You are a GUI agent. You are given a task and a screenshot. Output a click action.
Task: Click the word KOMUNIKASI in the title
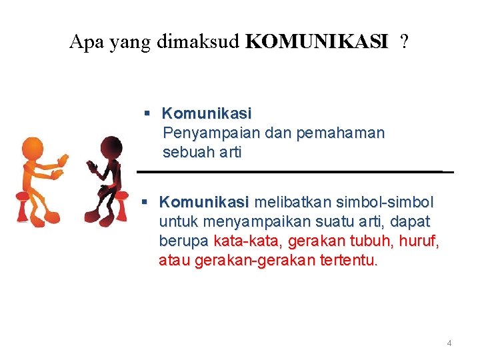pyautogui.click(x=316, y=43)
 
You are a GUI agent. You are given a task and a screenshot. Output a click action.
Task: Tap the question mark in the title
pyautogui.click(x=405, y=43)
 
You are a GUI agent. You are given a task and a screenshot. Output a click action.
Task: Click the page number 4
pyautogui.click(x=449, y=343)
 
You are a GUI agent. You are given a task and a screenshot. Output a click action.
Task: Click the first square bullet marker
pyautogui.click(x=149, y=114)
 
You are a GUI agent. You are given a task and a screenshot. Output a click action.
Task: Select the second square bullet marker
pyautogui.click(x=149, y=201)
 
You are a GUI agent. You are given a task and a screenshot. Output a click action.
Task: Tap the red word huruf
pyautogui.click(x=421, y=241)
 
